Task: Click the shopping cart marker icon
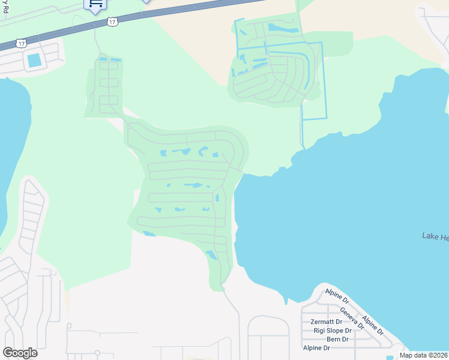point(95,5)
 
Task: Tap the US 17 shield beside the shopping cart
point(112,22)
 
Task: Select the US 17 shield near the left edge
point(22,43)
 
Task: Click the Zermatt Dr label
point(327,322)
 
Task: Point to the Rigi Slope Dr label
point(332,331)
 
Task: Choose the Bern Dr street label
point(337,339)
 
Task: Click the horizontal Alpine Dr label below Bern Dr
point(316,347)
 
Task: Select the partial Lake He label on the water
point(435,237)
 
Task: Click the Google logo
point(20,353)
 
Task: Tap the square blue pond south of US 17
point(34,60)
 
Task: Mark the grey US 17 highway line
point(180,12)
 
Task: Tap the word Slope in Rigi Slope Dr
point(334,331)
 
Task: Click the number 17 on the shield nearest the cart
point(112,22)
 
